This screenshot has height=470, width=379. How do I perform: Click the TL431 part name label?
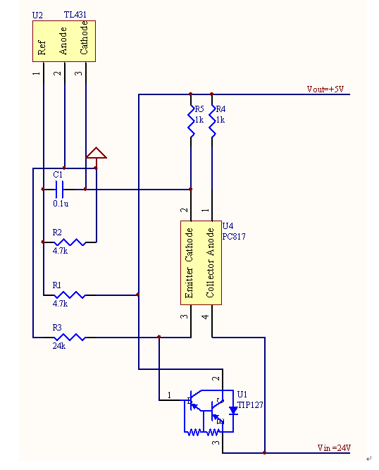(75, 15)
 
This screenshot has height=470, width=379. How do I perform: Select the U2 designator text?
(37, 16)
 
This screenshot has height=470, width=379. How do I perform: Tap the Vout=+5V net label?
(325, 89)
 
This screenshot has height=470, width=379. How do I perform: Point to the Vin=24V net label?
(334, 448)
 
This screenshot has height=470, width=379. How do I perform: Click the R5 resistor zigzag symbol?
(191, 121)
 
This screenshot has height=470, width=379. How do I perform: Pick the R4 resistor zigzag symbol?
(212, 121)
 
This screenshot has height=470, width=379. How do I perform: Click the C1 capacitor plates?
(59, 189)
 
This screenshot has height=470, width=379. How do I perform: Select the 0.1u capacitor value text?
(61, 204)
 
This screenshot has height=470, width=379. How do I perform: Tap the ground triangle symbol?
(97, 153)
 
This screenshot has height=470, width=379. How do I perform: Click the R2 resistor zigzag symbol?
(70, 242)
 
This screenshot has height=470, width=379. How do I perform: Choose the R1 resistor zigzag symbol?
(70, 295)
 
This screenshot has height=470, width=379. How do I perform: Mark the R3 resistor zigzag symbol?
(70, 338)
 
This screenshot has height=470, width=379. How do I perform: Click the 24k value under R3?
(59, 346)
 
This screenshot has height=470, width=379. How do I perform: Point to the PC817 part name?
(234, 237)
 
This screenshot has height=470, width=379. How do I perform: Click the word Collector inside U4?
(211, 278)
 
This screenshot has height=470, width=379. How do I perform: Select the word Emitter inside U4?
(189, 283)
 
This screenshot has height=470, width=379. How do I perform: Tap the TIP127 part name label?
(250, 405)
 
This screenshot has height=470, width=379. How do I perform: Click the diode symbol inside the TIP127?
(233, 411)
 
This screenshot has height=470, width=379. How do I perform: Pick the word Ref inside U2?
(42, 48)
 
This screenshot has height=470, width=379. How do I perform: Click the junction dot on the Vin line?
(265, 452)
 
